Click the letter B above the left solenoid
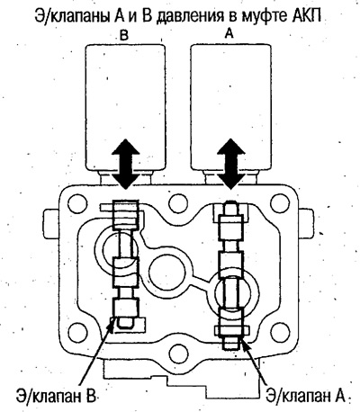click(x=124, y=35)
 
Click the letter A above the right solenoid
click(x=229, y=34)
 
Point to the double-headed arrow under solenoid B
click(x=125, y=164)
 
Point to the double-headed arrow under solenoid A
click(x=230, y=164)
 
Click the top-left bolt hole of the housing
click(x=77, y=203)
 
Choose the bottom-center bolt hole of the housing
click(x=179, y=354)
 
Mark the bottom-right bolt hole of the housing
click(x=280, y=333)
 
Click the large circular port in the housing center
click(x=166, y=273)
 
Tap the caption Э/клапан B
click(x=57, y=396)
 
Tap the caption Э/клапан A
click(x=304, y=396)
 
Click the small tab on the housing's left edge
click(x=51, y=223)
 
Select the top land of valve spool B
click(x=125, y=215)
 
